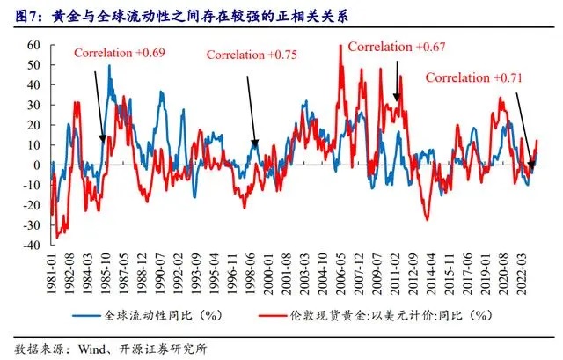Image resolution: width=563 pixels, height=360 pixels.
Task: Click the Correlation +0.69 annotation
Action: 120,53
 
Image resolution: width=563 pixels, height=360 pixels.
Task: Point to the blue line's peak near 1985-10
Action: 109,66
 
